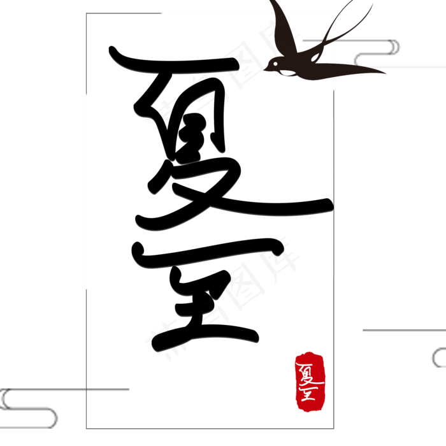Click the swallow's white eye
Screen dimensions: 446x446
(x=275, y=64)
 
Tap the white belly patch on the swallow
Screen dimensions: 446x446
(x=287, y=73)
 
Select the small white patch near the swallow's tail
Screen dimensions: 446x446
(x=314, y=58)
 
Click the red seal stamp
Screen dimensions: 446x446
(x=310, y=381)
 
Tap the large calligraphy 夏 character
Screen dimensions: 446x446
(x=191, y=140)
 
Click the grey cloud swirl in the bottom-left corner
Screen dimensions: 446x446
(x=29, y=408)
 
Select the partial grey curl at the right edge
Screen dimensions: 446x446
(x=438, y=357)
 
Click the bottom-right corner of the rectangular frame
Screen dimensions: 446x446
(x=333, y=428)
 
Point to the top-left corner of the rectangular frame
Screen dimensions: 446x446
(x=87, y=13)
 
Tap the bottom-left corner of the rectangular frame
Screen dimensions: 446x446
(x=87, y=428)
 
